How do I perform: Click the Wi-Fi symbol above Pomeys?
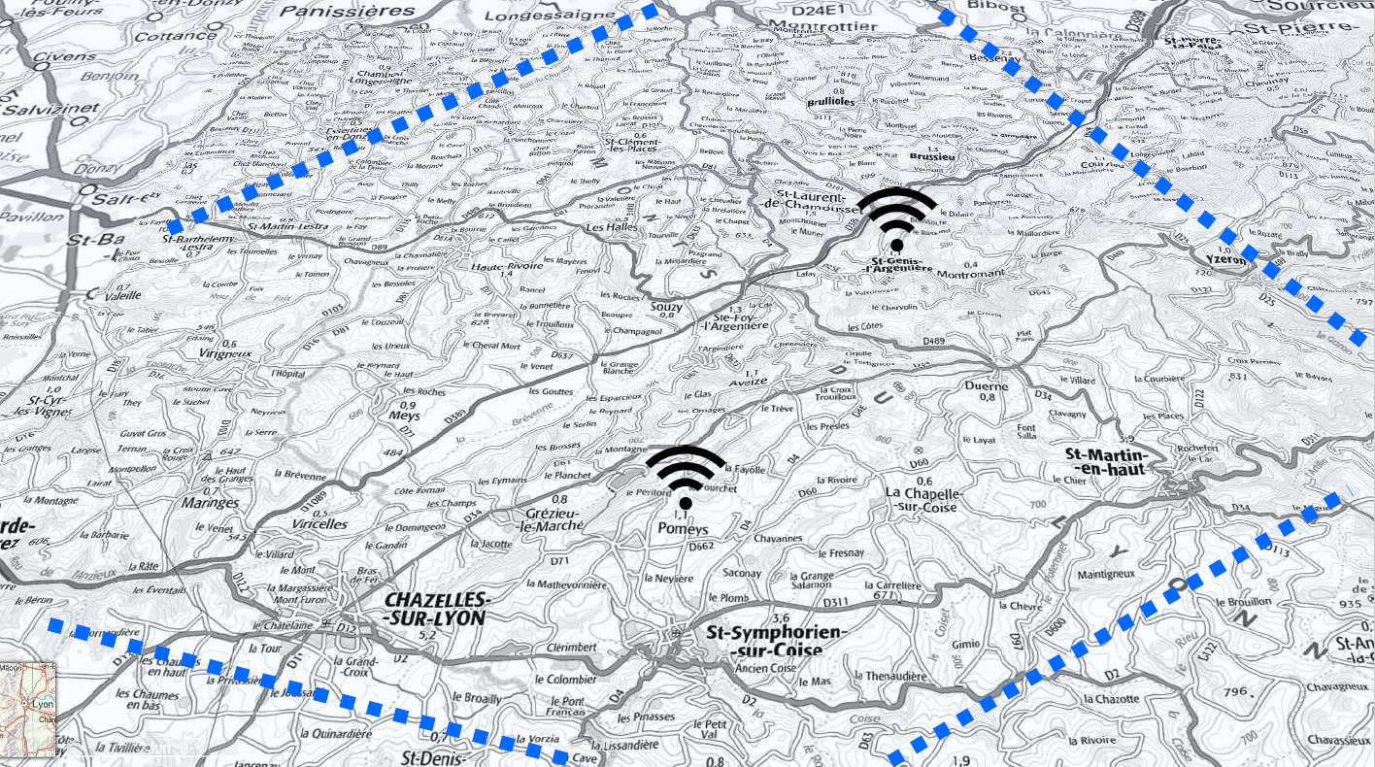pyautogui.click(x=686, y=476)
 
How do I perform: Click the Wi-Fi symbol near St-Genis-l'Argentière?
pyautogui.click(x=897, y=218)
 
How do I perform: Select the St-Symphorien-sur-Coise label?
pyautogui.click(x=777, y=641)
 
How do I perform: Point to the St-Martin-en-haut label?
pyautogui.click(x=1107, y=462)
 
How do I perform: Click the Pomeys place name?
pyautogui.click(x=684, y=529)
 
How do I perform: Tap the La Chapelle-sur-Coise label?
pyautogui.click(x=922, y=499)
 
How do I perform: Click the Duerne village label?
pyautogui.click(x=987, y=385)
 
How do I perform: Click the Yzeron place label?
pyautogui.click(x=1225, y=259)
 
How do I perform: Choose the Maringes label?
pyautogui.click(x=209, y=503)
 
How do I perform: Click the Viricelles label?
pyautogui.click(x=319, y=523)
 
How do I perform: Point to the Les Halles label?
pyautogui.click(x=611, y=227)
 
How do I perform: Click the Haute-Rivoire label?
pyautogui.click(x=504, y=266)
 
